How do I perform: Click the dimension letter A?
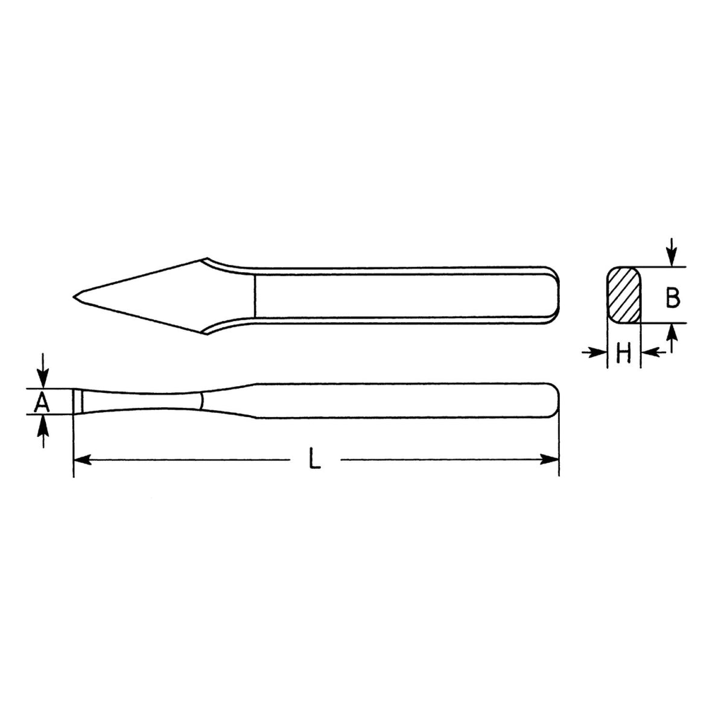[41, 402]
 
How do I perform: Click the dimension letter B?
[673, 296]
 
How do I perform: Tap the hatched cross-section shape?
[623, 295]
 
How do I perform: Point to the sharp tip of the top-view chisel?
[74, 296]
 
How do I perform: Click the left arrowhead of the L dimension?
[82, 460]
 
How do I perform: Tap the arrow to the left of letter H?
[597, 352]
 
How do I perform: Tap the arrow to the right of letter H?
[650, 352]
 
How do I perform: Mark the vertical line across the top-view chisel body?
[255, 296]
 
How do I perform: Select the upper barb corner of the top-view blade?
[205, 260]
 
